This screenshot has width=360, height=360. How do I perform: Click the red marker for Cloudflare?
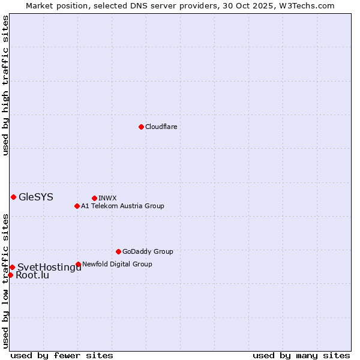point(141,127)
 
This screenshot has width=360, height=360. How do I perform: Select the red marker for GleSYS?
point(13,197)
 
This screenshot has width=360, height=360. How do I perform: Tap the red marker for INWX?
point(94,198)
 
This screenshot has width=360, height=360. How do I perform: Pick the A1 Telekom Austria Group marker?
point(77,206)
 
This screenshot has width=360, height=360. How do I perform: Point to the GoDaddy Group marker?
point(118,251)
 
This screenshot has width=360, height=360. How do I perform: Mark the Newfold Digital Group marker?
point(78,264)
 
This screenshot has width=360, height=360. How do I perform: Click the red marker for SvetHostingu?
point(12,267)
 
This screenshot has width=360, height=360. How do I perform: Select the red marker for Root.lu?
point(10,275)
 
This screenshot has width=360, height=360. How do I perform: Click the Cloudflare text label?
point(161,127)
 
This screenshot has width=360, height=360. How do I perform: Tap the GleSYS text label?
point(36,197)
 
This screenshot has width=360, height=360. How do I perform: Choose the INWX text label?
point(107,198)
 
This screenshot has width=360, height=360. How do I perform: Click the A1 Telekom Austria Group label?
point(122,206)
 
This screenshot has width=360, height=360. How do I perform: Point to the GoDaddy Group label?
point(148,251)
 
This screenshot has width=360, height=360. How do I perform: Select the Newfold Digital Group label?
point(117,264)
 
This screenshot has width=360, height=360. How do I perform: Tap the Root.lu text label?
point(32,275)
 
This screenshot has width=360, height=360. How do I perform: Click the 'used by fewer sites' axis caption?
point(62,355)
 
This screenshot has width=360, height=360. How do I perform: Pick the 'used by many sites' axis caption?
point(301,355)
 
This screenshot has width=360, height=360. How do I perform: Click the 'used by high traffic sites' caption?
point(6,85)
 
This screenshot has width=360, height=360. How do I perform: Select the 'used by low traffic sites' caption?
point(6,281)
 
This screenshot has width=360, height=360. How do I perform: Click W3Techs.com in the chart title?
point(305,5)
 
